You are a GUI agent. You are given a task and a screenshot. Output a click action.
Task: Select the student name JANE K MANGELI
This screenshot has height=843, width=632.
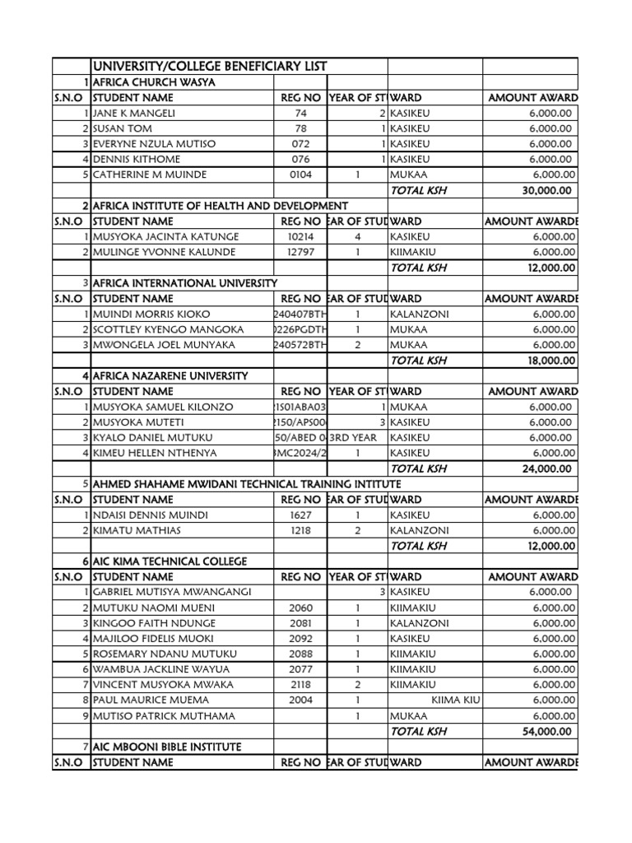point(134,113)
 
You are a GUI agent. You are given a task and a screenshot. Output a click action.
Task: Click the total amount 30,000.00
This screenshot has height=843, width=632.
point(546,190)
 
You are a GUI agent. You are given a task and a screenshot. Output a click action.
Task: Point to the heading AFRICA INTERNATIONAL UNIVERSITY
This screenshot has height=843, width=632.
point(185,283)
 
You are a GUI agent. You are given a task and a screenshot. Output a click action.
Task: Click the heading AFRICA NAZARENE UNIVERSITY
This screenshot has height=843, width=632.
point(170,376)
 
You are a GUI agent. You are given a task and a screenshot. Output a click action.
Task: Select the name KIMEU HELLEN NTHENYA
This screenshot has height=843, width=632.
point(156,454)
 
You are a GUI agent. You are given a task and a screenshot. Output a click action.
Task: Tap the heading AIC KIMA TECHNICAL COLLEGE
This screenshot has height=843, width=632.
point(170,561)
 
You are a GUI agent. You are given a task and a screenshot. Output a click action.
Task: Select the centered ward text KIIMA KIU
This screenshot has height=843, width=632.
point(456,701)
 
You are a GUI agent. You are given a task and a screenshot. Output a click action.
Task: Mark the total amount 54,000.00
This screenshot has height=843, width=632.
point(546,731)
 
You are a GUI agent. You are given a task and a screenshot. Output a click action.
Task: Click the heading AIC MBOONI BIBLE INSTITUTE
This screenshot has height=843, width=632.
point(167,747)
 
